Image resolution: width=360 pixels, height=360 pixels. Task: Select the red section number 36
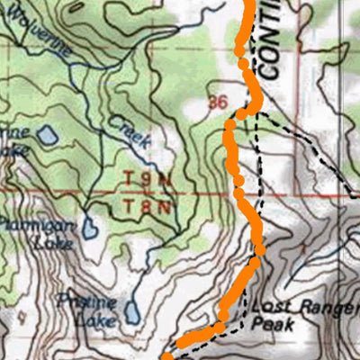(216, 102)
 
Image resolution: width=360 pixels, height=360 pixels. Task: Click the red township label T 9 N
(146, 180)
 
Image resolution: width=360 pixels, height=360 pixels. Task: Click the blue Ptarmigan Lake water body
(90, 227)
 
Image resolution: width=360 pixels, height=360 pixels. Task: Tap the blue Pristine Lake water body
(132, 311)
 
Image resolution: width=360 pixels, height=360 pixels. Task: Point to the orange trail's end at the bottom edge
(167, 356)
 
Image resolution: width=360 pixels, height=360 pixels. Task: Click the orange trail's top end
(247, 4)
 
